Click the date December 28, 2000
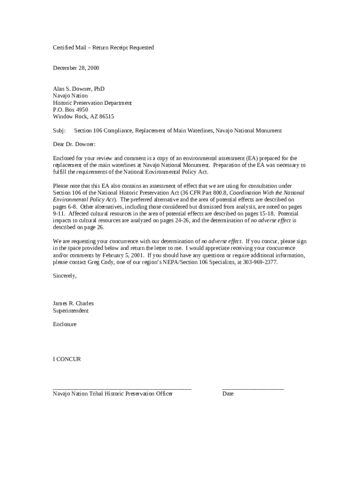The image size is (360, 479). pyautogui.click(x=76, y=68)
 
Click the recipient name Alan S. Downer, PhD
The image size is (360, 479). pyautogui.click(x=79, y=89)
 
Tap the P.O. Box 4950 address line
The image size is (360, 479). pyautogui.click(x=70, y=109)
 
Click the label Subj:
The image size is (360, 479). pyautogui.click(x=59, y=131)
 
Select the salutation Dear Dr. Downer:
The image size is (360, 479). pyautogui.click(x=74, y=145)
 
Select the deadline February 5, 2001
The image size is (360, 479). pyautogui.click(x=123, y=255)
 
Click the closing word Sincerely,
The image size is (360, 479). pyautogui.click(x=65, y=276)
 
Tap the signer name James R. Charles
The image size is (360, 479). pyautogui.click(x=73, y=304)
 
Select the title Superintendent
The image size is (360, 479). pyautogui.click(x=71, y=311)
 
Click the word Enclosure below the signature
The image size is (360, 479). pyautogui.click(x=65, y=324)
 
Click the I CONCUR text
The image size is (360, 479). pyautogui.click(x=67, y=359)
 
